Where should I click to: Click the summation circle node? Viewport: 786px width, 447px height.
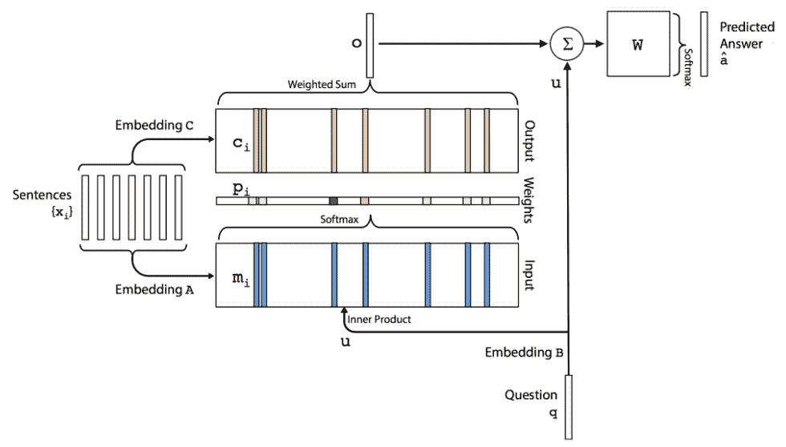click(567, 44)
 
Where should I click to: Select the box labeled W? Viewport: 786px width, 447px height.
click(638, 44)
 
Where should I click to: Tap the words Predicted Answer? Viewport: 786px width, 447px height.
click(747, 35)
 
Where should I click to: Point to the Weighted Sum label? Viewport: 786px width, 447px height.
click(322, 84)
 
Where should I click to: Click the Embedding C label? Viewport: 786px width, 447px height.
click(154, 125)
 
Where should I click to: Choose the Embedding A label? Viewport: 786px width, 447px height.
click(154, 289)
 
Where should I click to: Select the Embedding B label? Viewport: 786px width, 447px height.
click(524, 352)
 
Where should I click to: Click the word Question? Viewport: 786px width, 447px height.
click(531, 395)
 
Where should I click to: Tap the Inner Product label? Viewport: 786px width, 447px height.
click(379, 320)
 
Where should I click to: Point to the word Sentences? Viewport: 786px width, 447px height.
click(42, 195)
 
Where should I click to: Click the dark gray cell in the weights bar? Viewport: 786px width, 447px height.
click(334, 201)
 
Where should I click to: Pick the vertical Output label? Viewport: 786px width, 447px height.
click(529, 141)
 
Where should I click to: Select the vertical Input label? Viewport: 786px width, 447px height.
click(529, 275)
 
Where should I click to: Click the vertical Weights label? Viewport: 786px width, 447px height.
click(529, 199)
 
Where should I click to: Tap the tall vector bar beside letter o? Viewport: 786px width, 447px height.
click(370, 46)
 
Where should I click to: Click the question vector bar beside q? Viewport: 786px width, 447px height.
click(569, 407)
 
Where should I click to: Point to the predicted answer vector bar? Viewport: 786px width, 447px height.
click(704, 44)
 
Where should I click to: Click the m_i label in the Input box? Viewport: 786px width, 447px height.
click(241, 279)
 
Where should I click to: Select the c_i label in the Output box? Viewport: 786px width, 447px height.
click(241, 144)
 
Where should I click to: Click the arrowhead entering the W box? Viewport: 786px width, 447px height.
click(601, 44)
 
